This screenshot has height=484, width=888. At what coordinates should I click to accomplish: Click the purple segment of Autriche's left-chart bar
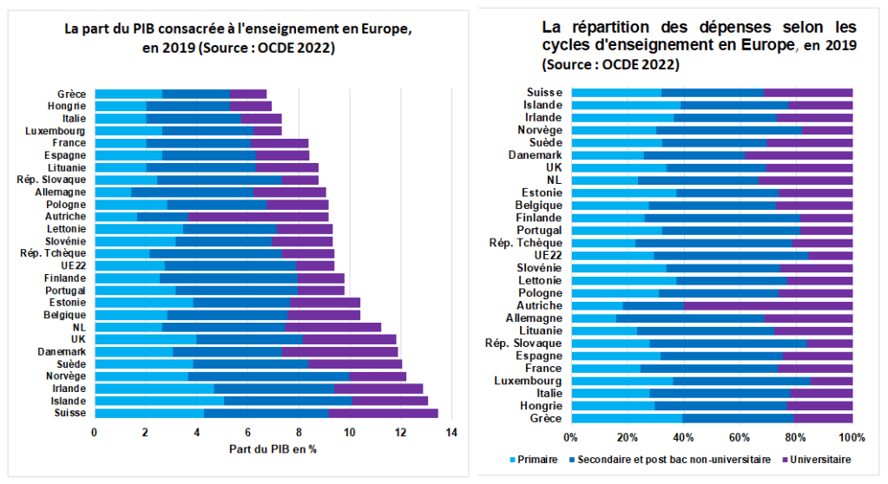pyautogui.click(x=258, y=216)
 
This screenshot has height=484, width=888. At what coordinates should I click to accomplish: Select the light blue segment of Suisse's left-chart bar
pyautogui.click(x=148, y=413)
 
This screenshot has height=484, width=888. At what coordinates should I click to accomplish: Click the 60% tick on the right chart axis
pyautogui.click(x=740, y=435)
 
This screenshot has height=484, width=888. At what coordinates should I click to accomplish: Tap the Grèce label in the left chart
pyautogui.click(x=71, y=94)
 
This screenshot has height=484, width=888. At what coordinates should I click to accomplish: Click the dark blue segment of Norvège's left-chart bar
pyautogui.click(x=268, y=376)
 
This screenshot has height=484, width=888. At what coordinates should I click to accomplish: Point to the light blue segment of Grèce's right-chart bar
pyautogui.click(x=627, y=418)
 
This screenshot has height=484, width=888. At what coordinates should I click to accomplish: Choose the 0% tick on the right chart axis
pyautogui.click(x=570, y=435)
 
